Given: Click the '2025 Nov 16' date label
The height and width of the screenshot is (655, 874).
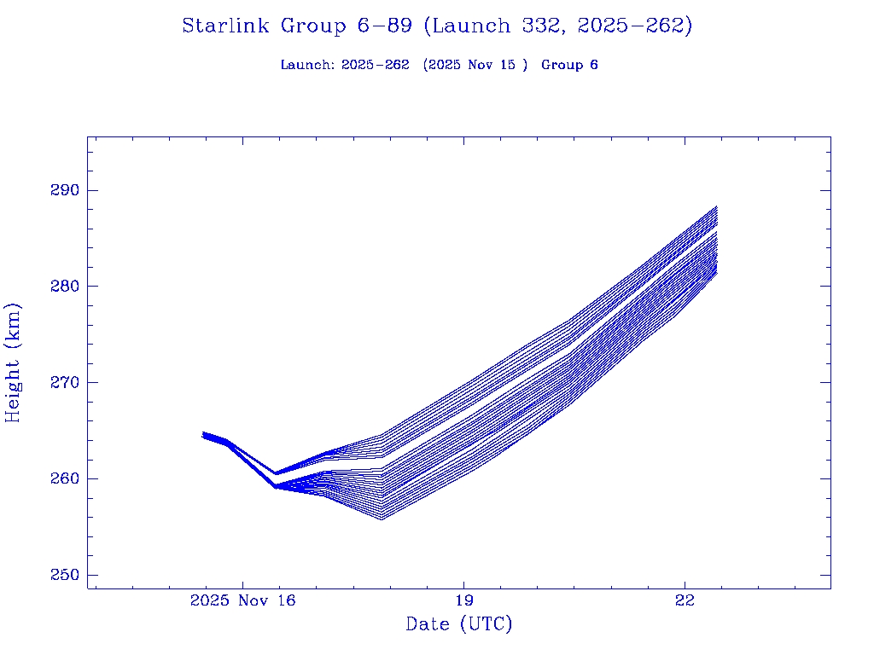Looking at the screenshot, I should pos(242,601).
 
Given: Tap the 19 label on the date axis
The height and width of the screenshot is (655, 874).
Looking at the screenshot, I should pos(463,601).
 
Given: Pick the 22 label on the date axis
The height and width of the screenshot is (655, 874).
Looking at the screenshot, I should pos(685,601).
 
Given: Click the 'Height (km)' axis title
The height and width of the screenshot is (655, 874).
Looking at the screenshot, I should pos(14,362).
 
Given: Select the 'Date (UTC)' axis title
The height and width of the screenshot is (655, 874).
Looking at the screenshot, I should pos(459,624).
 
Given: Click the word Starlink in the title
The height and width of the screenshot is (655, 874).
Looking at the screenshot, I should pos(226,26).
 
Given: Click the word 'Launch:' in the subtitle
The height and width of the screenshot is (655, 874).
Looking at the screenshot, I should pos(307,65).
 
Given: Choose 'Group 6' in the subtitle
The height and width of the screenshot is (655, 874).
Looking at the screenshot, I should pos(569,65).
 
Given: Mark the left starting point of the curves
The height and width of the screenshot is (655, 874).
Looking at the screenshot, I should pos(203,434).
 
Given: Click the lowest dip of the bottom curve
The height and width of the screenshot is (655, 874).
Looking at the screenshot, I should pos(381,519).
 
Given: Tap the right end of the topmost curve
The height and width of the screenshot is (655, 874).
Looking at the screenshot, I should pos(717,206).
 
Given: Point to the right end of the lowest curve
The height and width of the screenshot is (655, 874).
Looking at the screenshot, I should pos(717,274).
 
